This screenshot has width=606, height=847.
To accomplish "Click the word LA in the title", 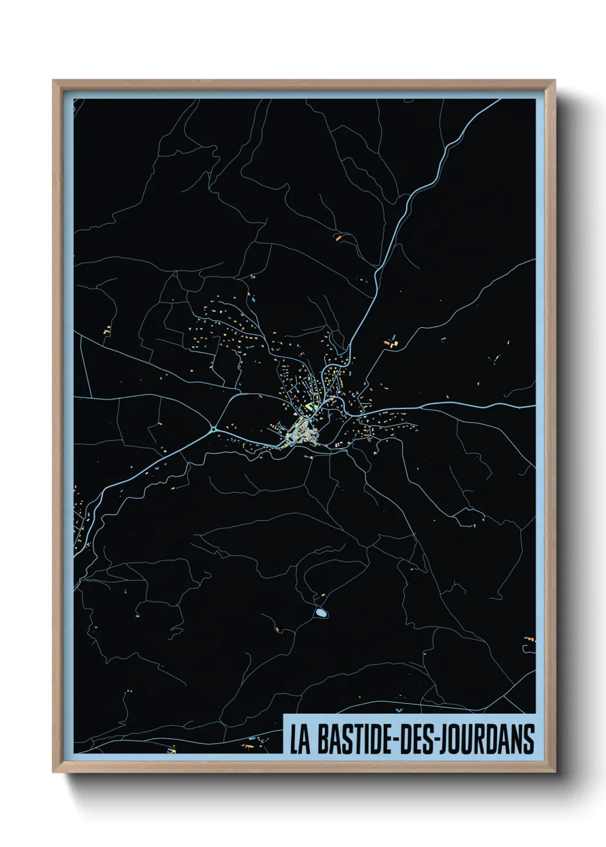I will pyautogui.click(x=300, y=739).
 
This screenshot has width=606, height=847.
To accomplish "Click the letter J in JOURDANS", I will pyautogui.click(x=443, y=739).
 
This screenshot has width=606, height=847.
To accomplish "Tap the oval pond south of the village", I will pyautogui.click(x=321, y=613).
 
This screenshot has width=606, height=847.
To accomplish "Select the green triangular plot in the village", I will pyautogui.click(x=310, y=407).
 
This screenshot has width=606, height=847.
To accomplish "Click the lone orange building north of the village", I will pyautogui.click(x=339, y=235).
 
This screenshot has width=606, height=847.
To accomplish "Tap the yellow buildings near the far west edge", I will pyautogui.click(x=107, y=330).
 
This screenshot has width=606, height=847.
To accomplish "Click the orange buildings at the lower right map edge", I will pyautogui.click(x=529, y=639).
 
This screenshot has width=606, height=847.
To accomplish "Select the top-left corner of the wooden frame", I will pyautogui.click(x=54, y=81).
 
